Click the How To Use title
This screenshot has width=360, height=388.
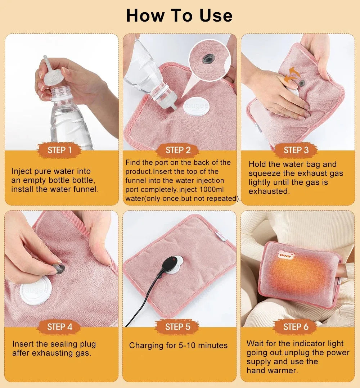point(179,15)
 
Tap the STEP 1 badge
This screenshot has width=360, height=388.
point(60,150)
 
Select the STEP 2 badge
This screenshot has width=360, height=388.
point(178,150)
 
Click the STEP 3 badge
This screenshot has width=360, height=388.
point(296,150)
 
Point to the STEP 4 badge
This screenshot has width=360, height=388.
point(60,327)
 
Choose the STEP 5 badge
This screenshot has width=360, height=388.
point(177,327)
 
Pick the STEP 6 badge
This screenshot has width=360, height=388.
point(296,327)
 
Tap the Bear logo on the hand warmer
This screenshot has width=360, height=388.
point(286,255)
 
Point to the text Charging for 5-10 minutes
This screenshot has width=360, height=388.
point(178,346)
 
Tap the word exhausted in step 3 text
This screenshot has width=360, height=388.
point(269,191)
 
